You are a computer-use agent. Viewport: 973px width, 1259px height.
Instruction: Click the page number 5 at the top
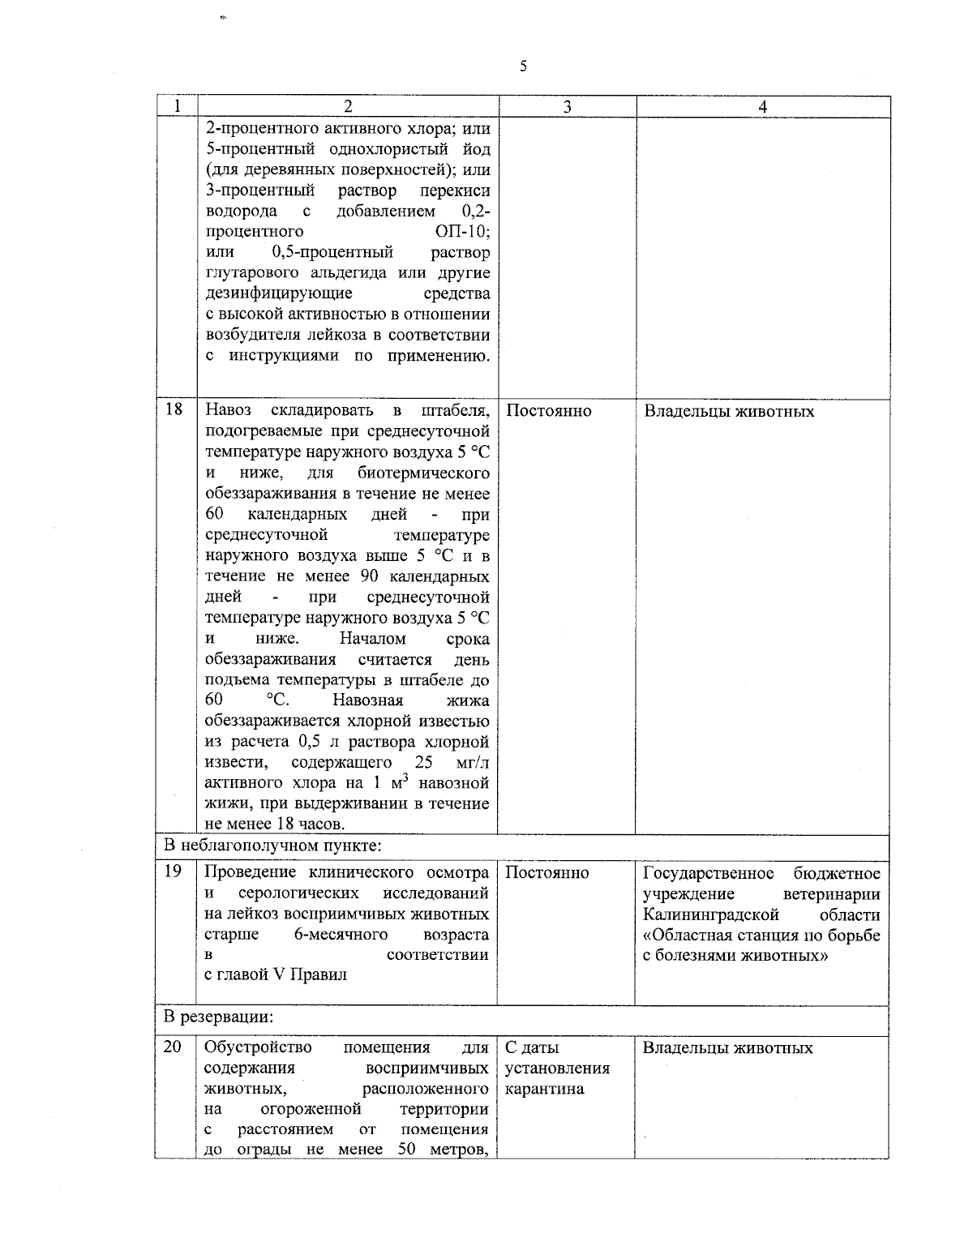tap(523, 66)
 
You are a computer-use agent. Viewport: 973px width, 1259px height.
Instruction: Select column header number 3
tap(567, 107)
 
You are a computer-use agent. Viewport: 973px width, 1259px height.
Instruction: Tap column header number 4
tap(763, 107)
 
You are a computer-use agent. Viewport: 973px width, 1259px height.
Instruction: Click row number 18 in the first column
tap(174, 409)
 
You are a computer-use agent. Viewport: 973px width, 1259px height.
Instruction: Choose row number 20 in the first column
tap(174, 1047)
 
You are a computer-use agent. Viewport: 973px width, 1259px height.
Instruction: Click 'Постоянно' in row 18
tap(548, 411)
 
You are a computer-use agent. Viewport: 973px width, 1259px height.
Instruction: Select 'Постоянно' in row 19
tap(547, 873)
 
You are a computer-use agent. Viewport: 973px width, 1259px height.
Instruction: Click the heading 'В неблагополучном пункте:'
tap(272, 846)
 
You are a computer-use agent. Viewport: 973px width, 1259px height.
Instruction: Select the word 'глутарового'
tap(247, 273)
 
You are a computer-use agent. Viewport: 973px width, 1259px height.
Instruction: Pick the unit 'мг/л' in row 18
tap(473, 763)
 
